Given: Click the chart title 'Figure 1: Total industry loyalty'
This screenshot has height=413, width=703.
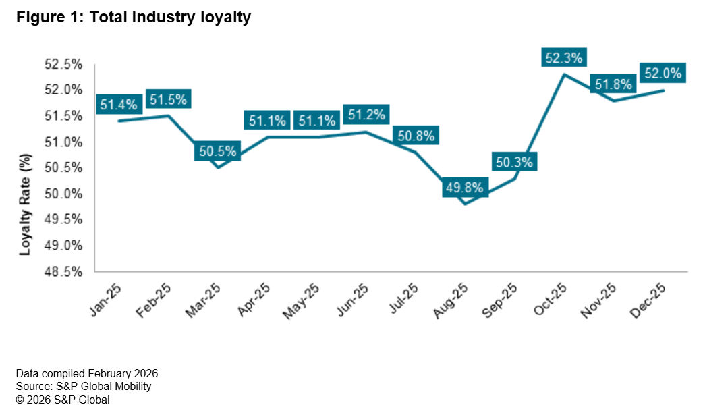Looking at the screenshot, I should (134, 18).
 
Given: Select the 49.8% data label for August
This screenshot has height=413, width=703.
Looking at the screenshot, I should (464, 188).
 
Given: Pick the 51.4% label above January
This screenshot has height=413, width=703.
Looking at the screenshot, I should (119, 105).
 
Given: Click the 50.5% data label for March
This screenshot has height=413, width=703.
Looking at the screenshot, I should (218, 152).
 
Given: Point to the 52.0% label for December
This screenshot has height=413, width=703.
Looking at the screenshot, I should (664, 73).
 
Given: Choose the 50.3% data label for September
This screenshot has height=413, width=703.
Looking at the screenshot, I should (514, 162).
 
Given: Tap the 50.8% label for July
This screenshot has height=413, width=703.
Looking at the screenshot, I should (415, 135).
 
